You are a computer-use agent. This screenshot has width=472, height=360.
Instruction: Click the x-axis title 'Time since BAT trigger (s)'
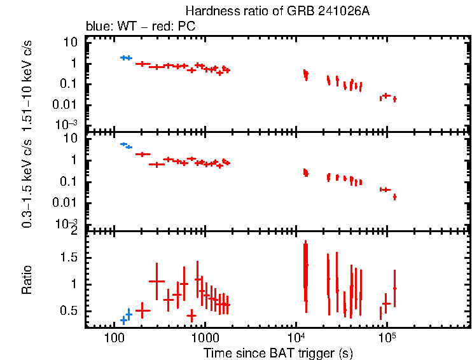tap(278, 352)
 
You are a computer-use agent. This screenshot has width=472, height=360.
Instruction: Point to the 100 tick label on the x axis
tap(115, 337)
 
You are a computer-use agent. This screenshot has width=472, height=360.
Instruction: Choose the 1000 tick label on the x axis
tap(205, 337)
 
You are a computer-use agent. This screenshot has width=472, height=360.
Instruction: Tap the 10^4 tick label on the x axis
tap(295, 336)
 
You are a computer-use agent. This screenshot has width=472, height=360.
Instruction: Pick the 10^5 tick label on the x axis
tap(385, 336)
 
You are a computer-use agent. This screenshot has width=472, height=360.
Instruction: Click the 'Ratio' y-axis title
tap(27, 279)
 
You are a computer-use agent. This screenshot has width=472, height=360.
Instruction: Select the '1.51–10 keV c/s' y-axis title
tap(27, 81)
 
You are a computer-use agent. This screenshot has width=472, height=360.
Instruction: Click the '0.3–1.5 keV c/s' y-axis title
tap(27, 181)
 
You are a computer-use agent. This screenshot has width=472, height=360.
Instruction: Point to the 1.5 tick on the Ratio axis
tap(71, 258)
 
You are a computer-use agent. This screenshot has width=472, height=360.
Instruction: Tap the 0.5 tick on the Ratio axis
tap(71, 311)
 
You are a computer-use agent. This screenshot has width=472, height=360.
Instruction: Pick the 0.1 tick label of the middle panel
tap(71, 182)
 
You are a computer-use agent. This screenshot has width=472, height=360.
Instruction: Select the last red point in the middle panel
tap(394, 197)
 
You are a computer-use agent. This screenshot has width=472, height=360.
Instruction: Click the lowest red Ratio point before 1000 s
tap(191, 315)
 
